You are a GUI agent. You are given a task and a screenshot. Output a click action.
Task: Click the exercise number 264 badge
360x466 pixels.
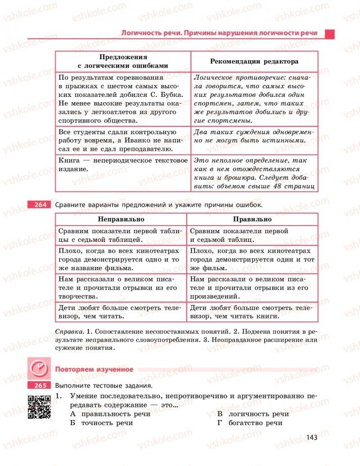[40, 205]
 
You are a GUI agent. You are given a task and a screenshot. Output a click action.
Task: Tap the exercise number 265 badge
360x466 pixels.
[40, 385]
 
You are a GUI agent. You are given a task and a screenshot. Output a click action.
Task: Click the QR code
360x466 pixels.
[39, 407]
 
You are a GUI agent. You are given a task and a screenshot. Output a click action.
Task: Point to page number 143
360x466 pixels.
[311, 437]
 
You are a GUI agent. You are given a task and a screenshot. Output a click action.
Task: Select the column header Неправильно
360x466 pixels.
[121, 219]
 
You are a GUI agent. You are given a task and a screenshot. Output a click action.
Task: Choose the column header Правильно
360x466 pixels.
[252, 219]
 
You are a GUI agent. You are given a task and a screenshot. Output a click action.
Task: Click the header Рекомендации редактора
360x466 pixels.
[254, 61]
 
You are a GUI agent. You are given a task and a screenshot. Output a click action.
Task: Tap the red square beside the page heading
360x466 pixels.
[330, 33]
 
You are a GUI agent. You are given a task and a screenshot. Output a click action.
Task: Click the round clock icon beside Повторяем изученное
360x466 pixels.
[40, 369]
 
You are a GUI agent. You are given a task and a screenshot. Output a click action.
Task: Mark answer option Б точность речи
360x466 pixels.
[101, 423]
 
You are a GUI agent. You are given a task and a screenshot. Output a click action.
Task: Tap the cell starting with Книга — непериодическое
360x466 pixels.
[122, 164]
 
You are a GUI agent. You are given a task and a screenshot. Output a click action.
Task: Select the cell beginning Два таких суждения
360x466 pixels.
[254, 136]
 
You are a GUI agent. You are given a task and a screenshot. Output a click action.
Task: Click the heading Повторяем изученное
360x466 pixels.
[94, 369]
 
